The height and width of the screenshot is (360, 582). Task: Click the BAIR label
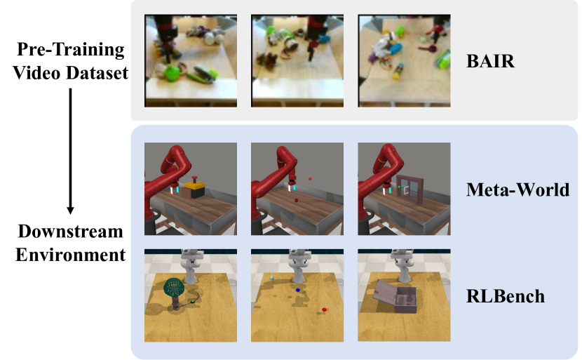pyautogui.click(x=490, y=61)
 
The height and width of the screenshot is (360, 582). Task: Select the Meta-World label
pyautogui.click(x=517, y=189)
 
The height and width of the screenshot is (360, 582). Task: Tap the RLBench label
pyautogui.click(x=506, y=296)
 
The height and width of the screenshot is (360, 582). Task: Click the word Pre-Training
pyautogui.click(x=71, y=50)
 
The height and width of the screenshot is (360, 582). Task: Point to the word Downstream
pyautogui.click(x=71, y=231)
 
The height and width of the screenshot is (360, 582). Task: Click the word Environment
pyautogui.click(x=71, y=255)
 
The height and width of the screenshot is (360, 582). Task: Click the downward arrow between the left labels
pyautogui.click(x=70, y=151)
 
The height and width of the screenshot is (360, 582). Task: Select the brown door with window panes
pyautogui.click(x=410, y=189)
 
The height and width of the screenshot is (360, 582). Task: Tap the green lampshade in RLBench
pyautogui.click(x=174, y=288)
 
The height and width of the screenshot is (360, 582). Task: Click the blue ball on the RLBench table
pyautogui.click(x=298, y=290)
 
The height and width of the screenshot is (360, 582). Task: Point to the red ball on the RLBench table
pyautogui.click(x=324, y=309)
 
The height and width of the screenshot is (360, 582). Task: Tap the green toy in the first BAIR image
pyautogui.click(x=171, y=73)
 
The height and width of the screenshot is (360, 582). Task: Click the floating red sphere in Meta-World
pyautogui.click(x=310, y=179)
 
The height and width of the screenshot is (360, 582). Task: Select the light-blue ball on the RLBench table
pyautogui.click(x=272, y=277)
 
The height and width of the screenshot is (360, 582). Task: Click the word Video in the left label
pyautogui.click(x=36, y=73)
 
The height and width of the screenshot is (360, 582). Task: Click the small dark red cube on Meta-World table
pyautogui.click(x=296, y=200)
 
